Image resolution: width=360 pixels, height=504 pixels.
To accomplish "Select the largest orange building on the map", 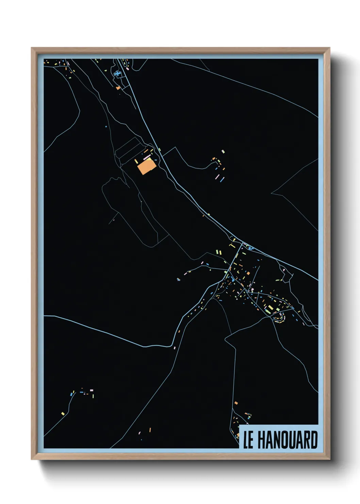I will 146,167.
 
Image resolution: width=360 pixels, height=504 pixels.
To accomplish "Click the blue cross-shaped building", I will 118,73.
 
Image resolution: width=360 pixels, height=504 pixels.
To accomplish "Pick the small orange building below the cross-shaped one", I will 118,88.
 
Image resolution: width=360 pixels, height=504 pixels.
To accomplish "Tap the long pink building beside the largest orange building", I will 147,158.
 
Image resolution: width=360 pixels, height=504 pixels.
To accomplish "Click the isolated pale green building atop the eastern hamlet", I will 223,151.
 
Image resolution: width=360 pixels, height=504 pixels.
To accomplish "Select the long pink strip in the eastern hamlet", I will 218,176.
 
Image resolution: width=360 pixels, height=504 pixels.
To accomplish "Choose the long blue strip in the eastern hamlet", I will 222,179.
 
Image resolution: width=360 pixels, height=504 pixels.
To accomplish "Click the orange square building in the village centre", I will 248,273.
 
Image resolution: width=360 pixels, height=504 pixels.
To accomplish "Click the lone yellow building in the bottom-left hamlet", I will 63,414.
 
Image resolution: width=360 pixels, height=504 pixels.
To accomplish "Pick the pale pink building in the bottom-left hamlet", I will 91,390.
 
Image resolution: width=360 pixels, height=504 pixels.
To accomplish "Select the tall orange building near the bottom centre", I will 150,430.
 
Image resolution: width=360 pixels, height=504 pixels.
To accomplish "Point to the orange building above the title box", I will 236,403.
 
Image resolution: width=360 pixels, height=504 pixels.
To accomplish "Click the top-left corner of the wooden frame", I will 32,48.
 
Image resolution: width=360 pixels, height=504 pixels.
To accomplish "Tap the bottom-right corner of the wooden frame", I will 329,459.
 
